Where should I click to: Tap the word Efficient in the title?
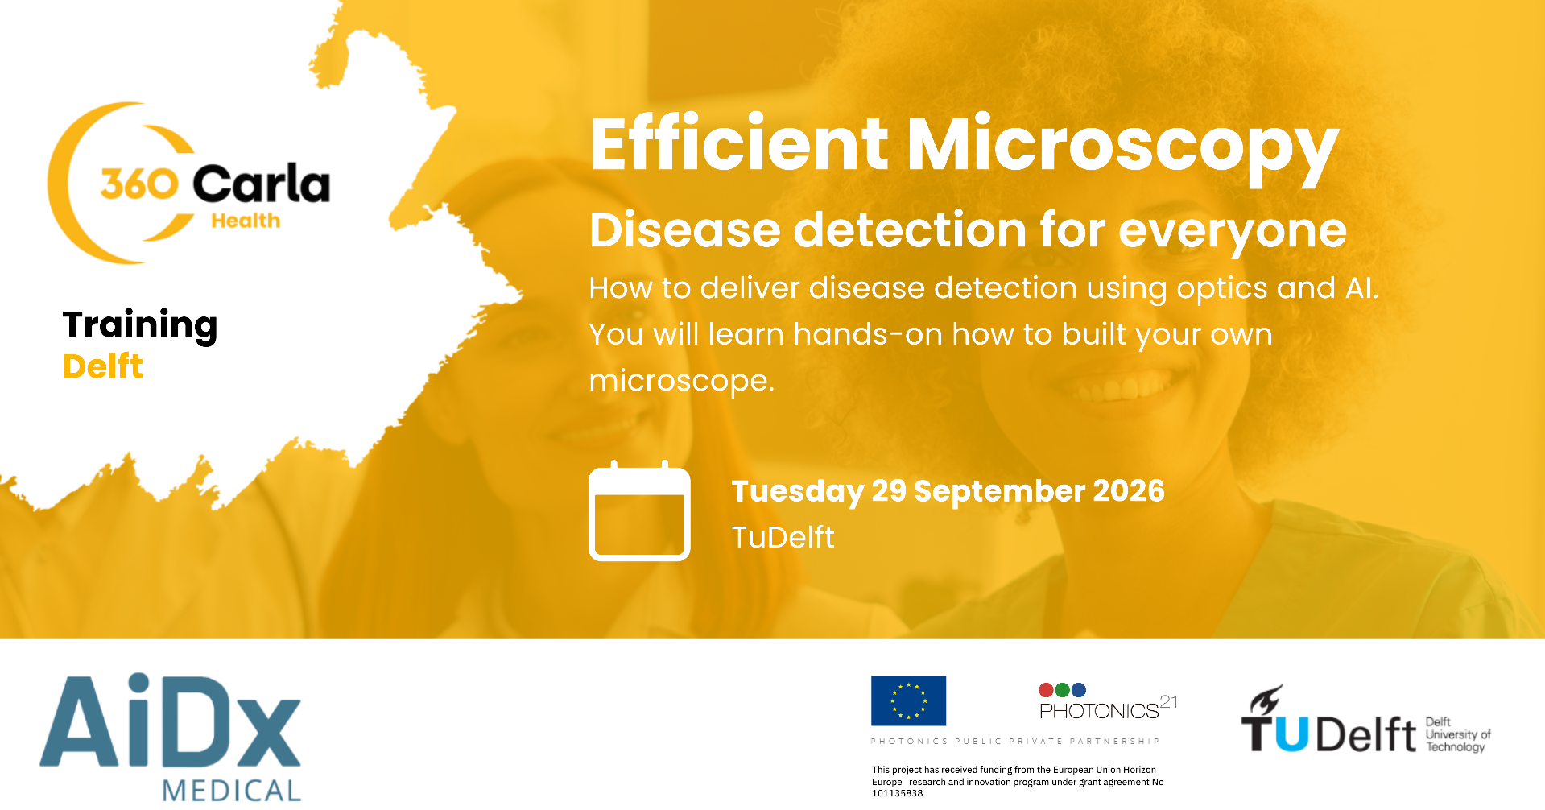pos(739,145)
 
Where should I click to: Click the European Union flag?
pos(908,700)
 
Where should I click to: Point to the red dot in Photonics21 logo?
pos(1047,690)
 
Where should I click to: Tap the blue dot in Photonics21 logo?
pos(1079,690)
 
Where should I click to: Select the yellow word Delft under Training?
pos(103,367)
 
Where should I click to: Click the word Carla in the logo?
pos(262,184)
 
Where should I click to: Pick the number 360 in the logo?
pos(139,184)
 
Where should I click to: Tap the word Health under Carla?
pos(246,221)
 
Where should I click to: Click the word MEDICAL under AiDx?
pos(232,790)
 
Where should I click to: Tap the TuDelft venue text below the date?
pos(783,537)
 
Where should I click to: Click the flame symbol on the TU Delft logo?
pos(1266,699)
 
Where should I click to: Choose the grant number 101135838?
pos(898,793)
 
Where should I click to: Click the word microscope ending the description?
pos(680,381)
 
